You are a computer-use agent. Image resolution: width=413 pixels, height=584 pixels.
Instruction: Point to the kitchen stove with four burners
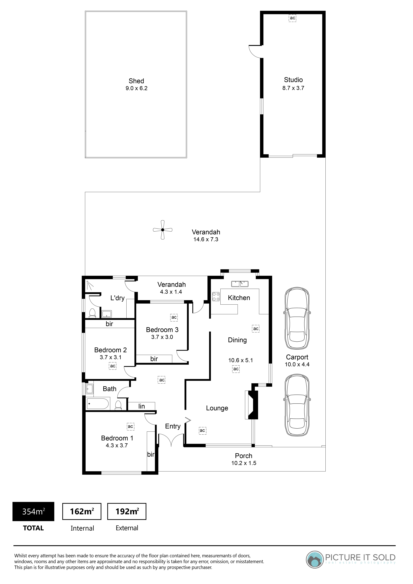pos(216,297)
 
